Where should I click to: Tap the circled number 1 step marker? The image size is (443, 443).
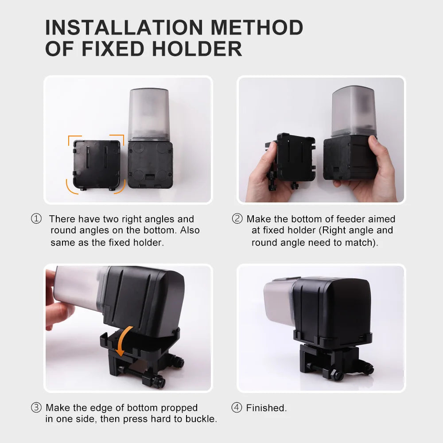coord(36,219)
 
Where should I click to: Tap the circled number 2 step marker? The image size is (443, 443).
coord(237,219)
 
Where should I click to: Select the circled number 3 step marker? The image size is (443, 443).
coord(36,408)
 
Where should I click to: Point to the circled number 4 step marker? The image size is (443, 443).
coord(237,408)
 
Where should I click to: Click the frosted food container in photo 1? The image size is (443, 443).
coord(148,114)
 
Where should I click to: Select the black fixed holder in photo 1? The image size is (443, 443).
coord(97,165)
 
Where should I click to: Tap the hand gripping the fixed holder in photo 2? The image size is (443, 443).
coord(265,175)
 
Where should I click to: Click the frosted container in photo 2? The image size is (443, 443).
coord(354,111)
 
